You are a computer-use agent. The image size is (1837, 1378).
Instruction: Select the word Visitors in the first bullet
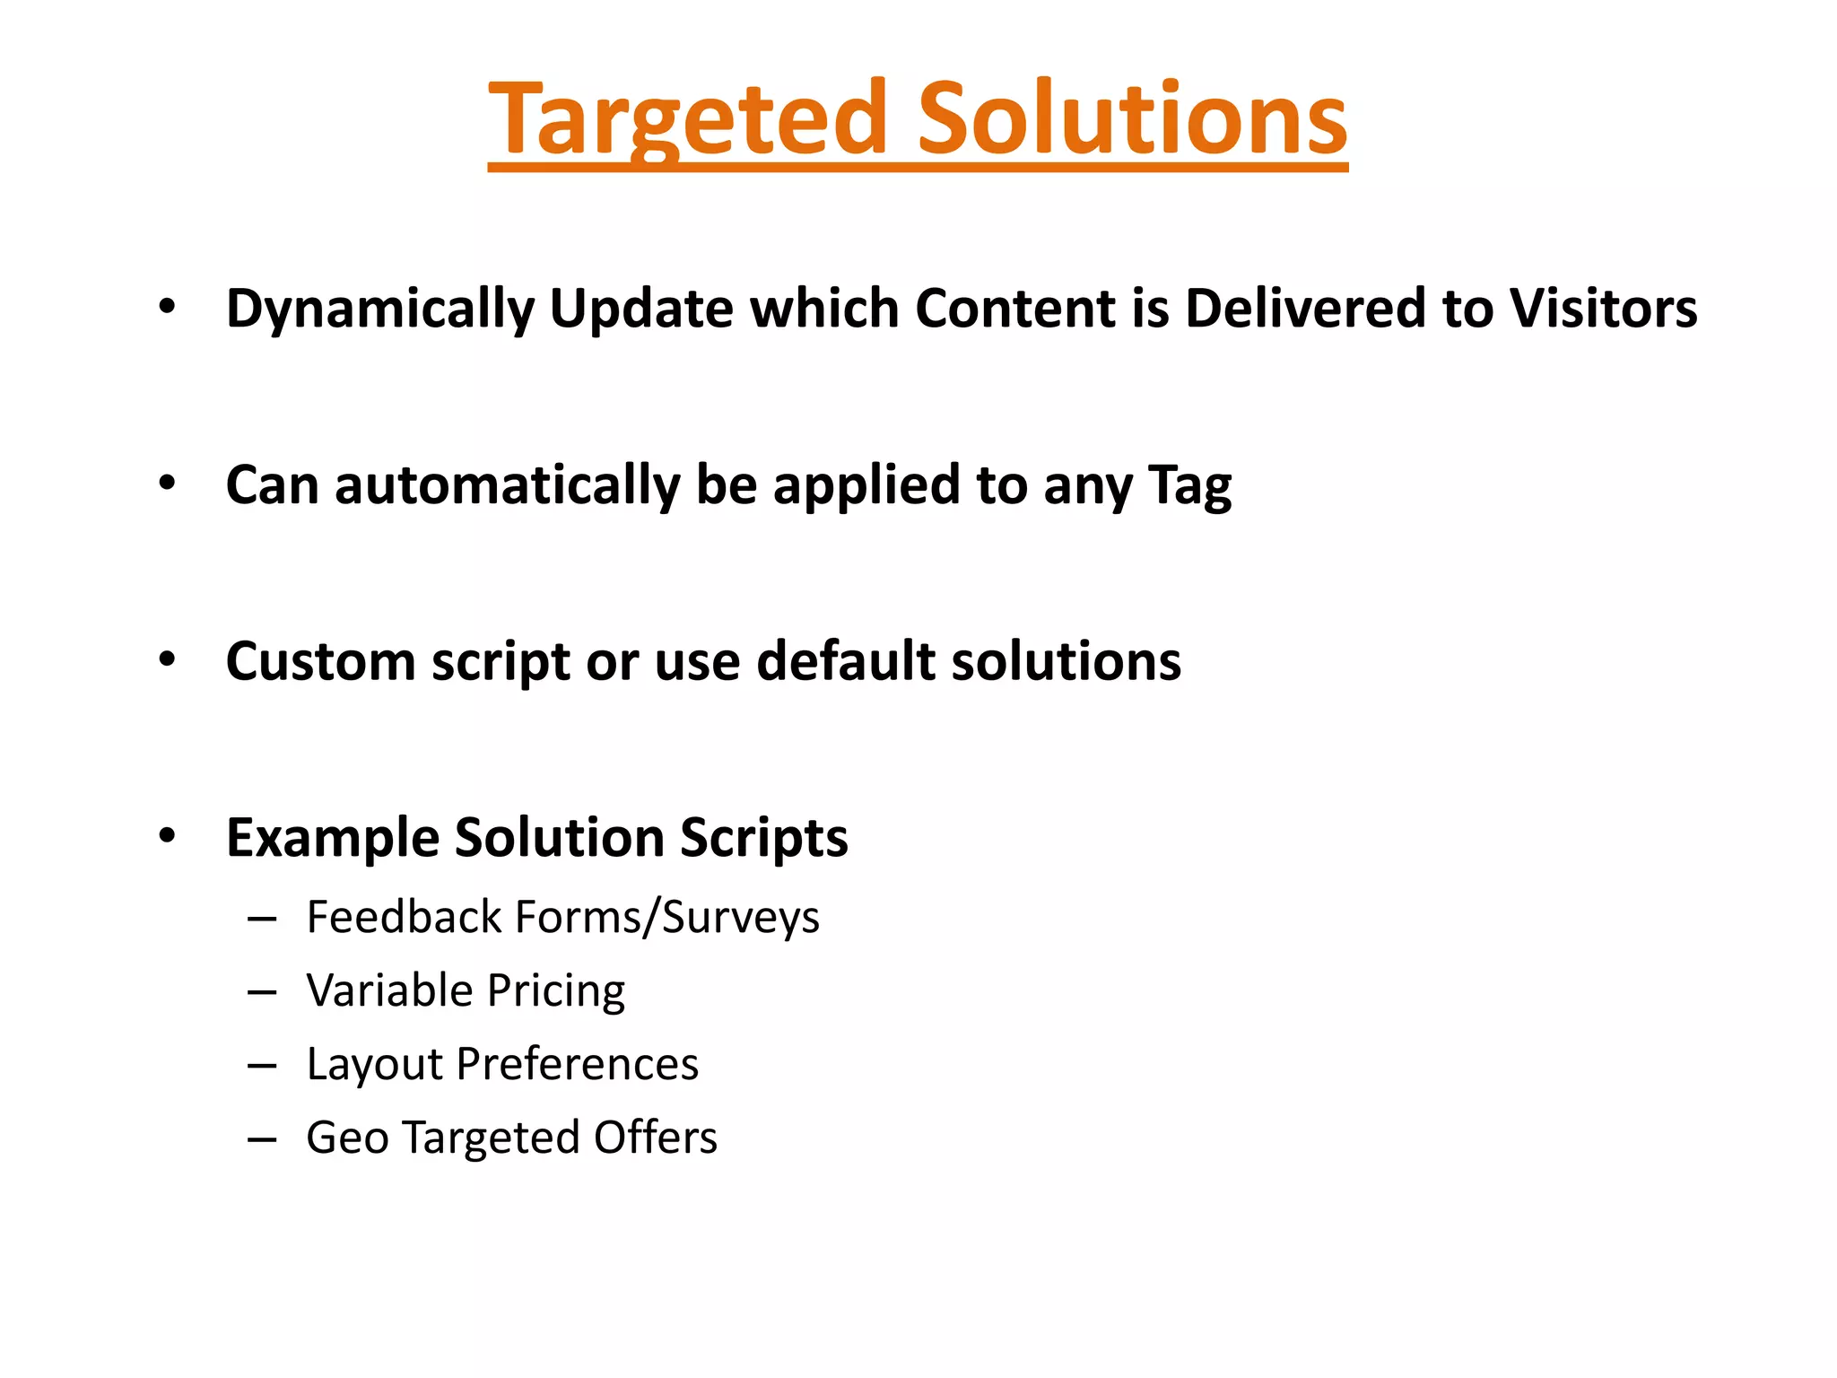click(1603, 308)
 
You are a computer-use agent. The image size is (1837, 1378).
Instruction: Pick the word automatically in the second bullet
click(507, 485)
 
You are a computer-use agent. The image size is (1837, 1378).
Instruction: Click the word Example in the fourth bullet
click(333, 838)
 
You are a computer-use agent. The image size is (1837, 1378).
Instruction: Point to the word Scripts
click(763, 838)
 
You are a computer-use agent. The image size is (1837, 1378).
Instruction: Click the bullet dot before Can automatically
click(167, 484)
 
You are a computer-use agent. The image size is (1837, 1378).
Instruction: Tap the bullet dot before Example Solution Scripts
click(167, 836)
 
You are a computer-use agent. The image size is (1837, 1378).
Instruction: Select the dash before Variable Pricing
click(261, 992)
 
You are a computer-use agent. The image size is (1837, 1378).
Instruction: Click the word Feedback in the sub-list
click(405, 917)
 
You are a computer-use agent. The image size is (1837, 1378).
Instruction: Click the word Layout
click(374, 1065)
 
